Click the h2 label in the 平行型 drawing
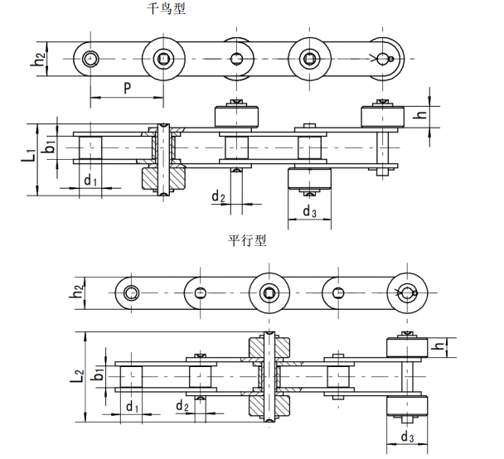[77, 291]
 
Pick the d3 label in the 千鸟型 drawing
[309, 211]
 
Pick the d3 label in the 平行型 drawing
[407, 437]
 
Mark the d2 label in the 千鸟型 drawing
[217, 196]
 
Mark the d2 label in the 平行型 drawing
[182, 406]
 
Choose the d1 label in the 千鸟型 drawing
[90, 181]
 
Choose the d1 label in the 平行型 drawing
[132, 406]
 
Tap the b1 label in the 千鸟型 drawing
[51, 146]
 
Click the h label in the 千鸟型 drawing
[422, 114]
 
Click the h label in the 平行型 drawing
[441, 345]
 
